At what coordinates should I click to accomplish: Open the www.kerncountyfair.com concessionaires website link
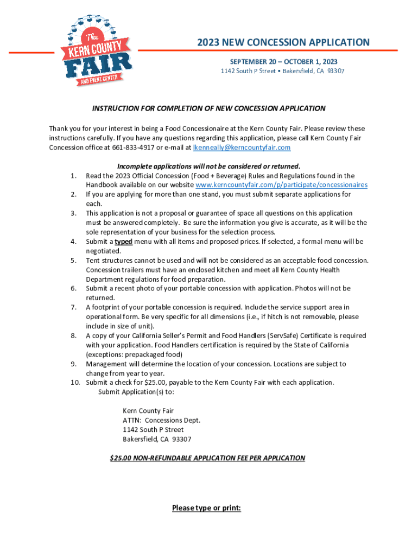pyautogui.click(x=281, y=185)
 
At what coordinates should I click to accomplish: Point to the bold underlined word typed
pyautogui.click(x=123, y=242)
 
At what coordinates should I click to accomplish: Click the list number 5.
pyautogui.click(x=73, y=261)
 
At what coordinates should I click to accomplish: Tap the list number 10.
pyautogui.click(x=75, y=383)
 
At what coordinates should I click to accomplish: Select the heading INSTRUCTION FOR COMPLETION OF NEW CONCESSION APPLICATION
pyautogui.click(x=209, y=108)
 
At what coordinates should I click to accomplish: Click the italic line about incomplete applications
pyautogui.click(x=209, y=166)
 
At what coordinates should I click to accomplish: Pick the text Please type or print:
pyautogui.click(x=206, y=508)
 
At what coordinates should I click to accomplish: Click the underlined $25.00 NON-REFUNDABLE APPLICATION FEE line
pyautogui.click(x=207, y=458)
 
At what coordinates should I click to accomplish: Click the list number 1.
pyautogui.click(x=73, y=176)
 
